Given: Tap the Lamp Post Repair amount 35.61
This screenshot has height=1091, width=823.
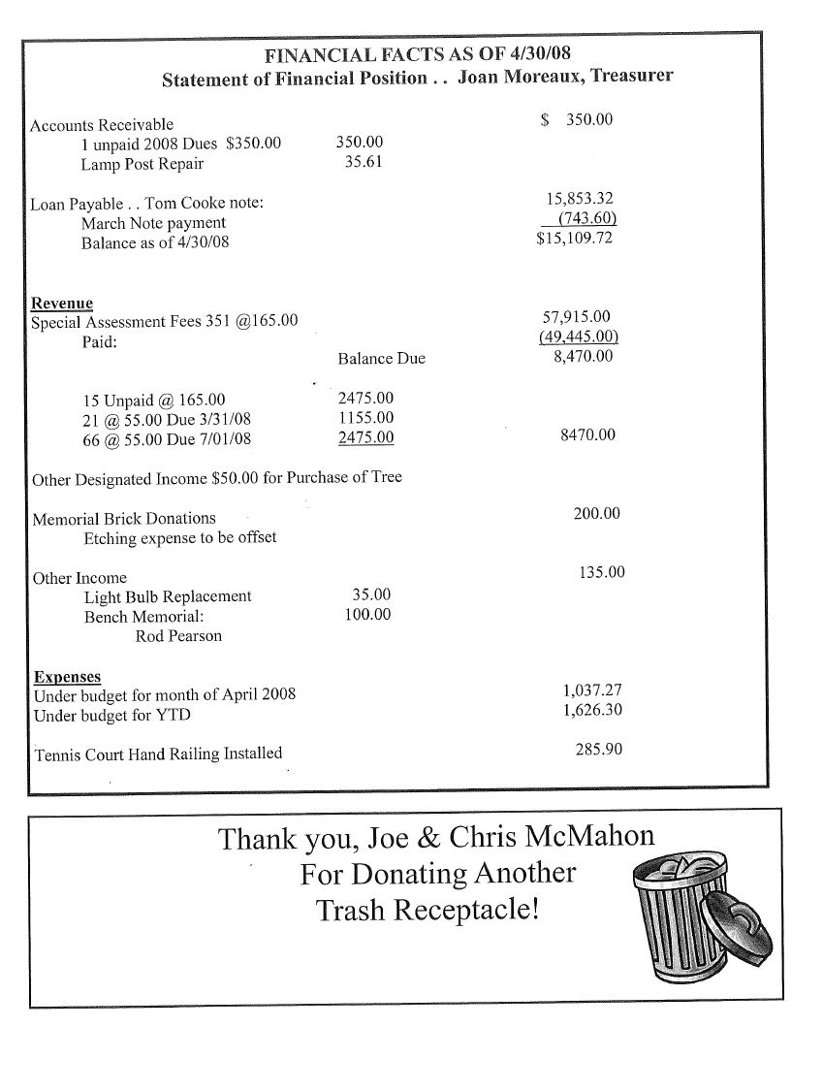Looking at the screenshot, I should coord(364,162).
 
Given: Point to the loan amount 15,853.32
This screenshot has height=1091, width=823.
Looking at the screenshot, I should coord(580,199).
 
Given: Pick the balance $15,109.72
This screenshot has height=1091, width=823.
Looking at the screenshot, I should coord(574,238).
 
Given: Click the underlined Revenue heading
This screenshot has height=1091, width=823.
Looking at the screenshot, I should coord(62,303).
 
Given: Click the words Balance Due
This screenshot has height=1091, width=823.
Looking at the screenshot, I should coord(381,359).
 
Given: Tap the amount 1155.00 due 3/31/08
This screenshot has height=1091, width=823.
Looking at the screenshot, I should coord(365,418).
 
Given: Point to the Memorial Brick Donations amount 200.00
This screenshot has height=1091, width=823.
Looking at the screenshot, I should coord(596,513).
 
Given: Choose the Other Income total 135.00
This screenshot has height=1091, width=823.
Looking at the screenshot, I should coord(601,572).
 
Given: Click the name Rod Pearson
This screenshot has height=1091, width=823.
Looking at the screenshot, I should coord(178,636).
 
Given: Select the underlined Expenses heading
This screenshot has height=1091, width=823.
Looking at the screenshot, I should coord(67,676).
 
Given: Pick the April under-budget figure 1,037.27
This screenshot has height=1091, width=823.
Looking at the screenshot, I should coord(591,690).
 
